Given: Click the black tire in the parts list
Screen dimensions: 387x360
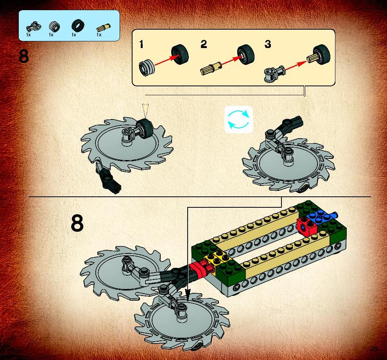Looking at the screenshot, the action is (x=78, y=26).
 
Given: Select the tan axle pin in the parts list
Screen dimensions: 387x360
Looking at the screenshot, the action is (x=104, y=28).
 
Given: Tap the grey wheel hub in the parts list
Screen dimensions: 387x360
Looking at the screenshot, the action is (x=54, y=27).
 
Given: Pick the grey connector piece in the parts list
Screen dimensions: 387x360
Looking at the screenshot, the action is (x=33, y=26).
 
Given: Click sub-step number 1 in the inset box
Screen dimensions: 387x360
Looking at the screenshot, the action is (x=141, y=45).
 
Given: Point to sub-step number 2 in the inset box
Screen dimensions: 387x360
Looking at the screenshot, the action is (x=204, y=44).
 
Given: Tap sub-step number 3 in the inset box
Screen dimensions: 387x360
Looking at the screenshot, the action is (x=268, y=44).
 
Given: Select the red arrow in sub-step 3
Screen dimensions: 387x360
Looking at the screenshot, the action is (x=296, y=65).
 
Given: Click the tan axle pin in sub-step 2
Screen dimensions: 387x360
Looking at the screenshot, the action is (x=211, y=68).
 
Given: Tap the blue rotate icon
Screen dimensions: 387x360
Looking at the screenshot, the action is (x=238, y=119).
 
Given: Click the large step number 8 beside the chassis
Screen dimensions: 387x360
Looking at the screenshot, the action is (x=77, y=223).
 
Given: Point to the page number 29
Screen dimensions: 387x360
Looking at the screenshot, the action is (x=374, y=349).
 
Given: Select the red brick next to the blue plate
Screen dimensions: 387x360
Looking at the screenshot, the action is (x=306, y=226).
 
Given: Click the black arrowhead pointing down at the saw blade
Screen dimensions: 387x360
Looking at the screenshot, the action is (x=188, y=295).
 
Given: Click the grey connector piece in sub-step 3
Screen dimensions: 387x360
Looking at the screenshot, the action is (x=274, y=73).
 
